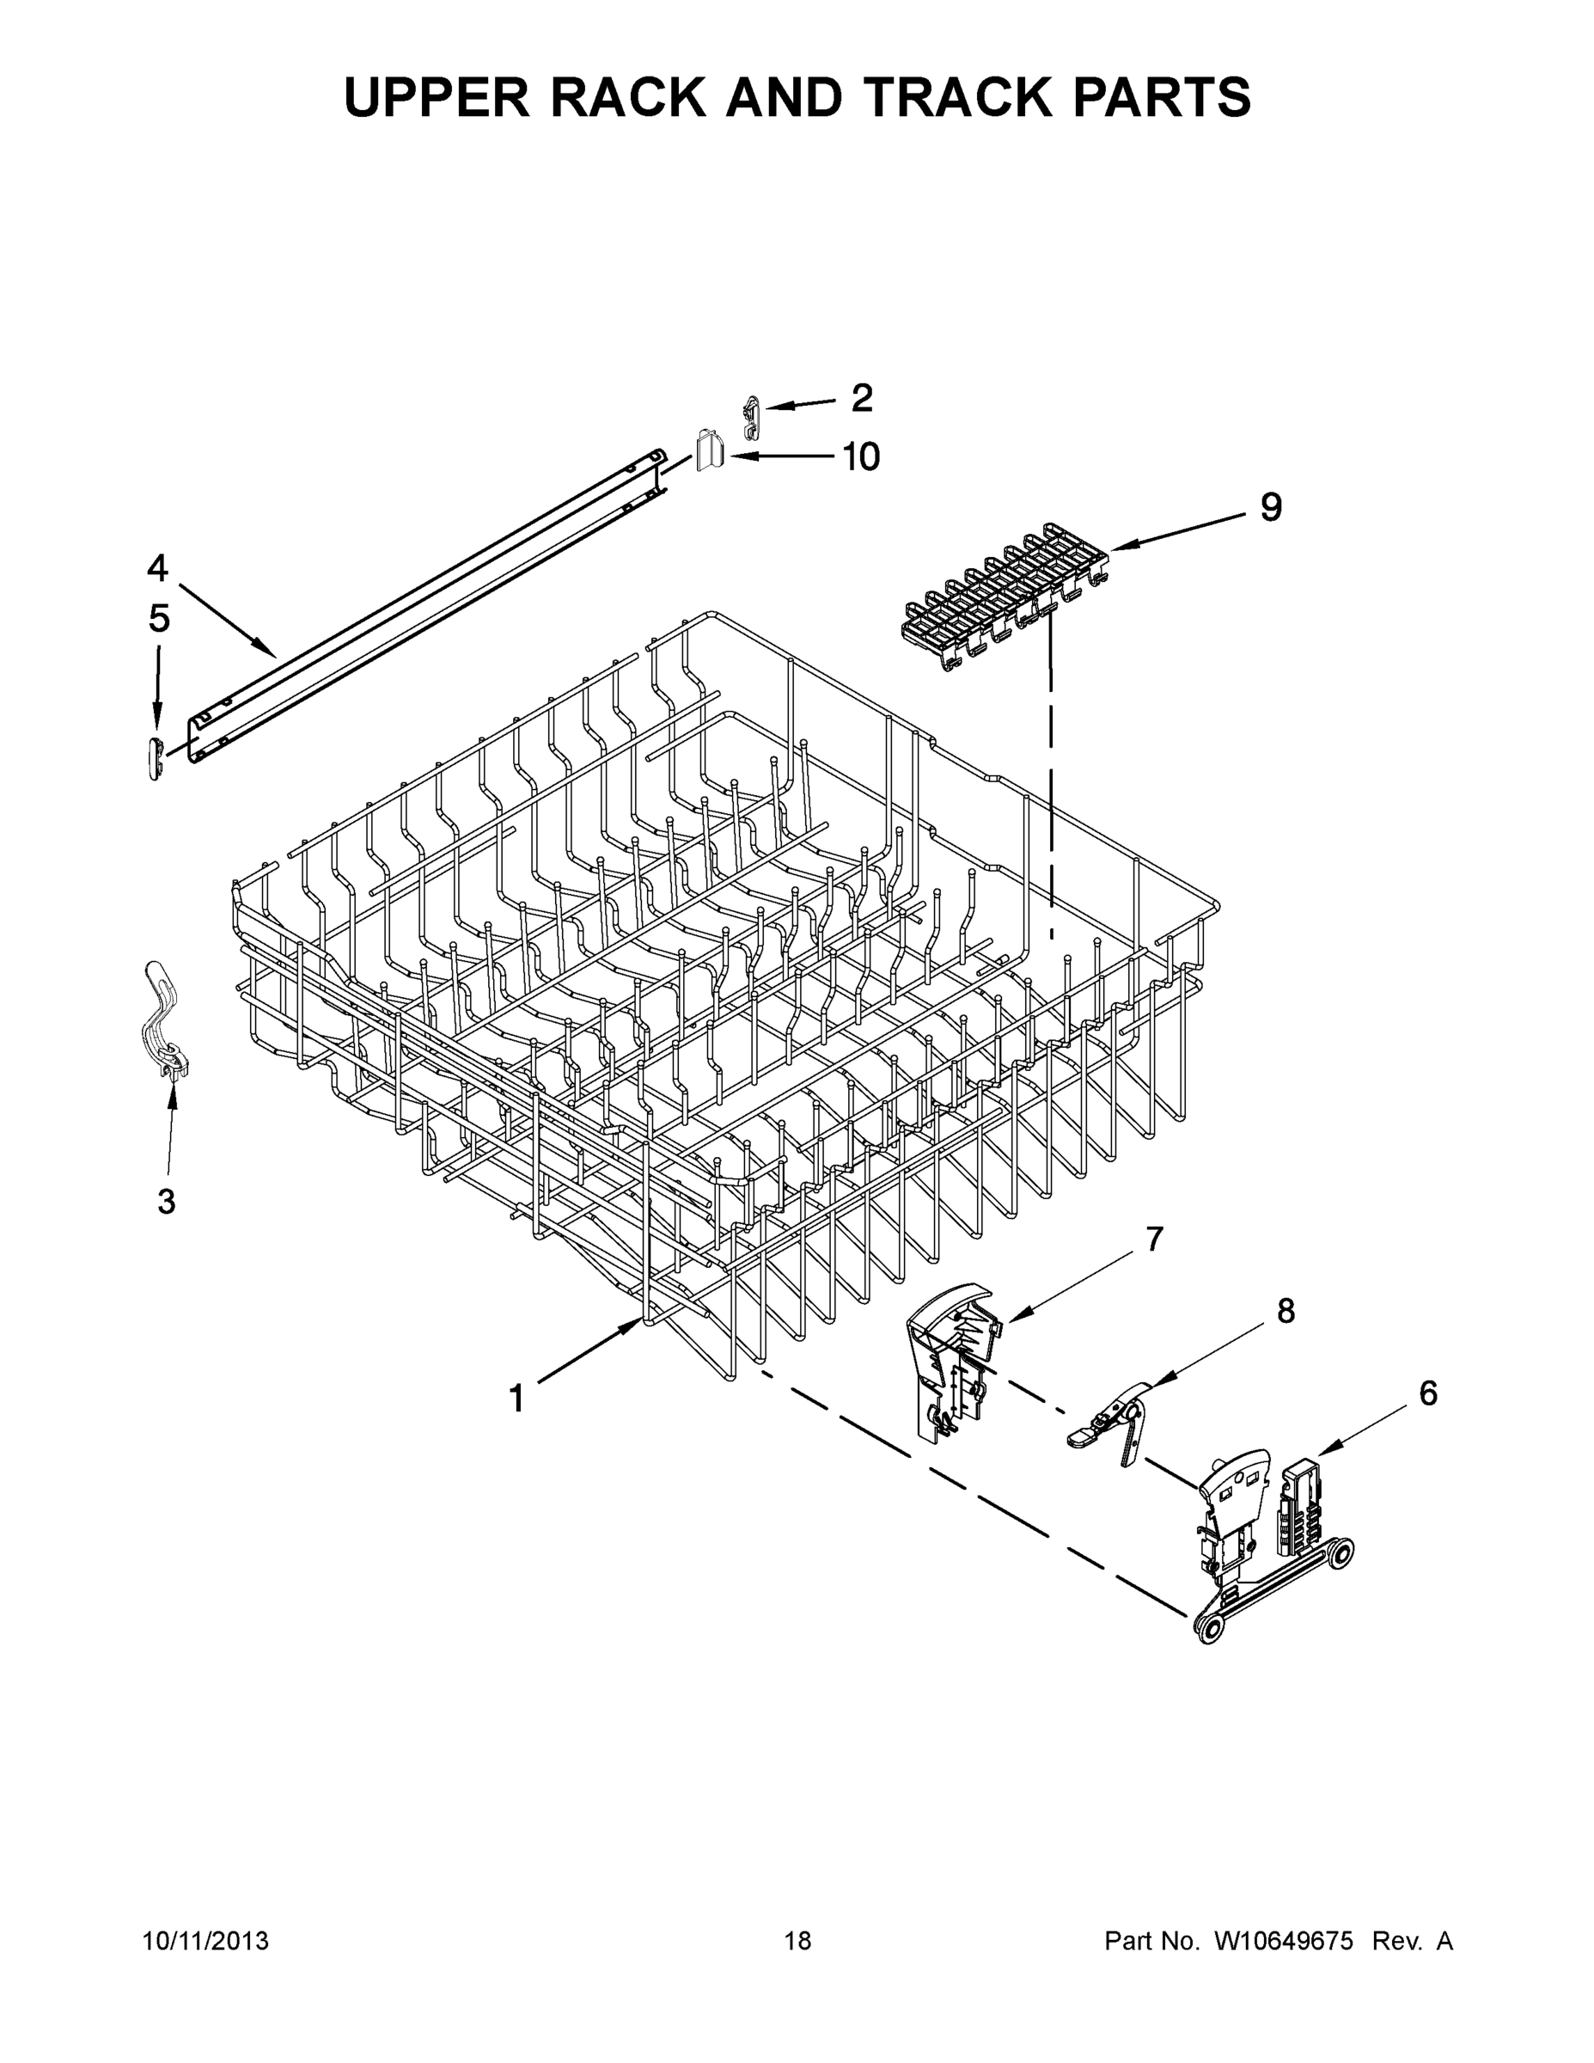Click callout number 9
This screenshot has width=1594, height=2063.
click(1271, 508)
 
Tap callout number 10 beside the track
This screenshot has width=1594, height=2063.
click(859, 457)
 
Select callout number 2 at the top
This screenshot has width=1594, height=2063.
click(861, 399)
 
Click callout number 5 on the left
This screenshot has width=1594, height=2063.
click(159, 620)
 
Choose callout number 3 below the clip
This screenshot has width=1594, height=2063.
click(166, 1203)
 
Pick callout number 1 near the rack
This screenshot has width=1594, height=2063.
click(516, 1399)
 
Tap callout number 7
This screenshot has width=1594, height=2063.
click(1154, 1239)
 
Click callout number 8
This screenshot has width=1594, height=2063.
click(1286, 1311)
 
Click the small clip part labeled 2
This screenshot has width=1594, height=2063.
click(751, 417)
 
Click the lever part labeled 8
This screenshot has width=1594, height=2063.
click(1115, 1426)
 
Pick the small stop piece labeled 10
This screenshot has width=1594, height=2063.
click(709, 449)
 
